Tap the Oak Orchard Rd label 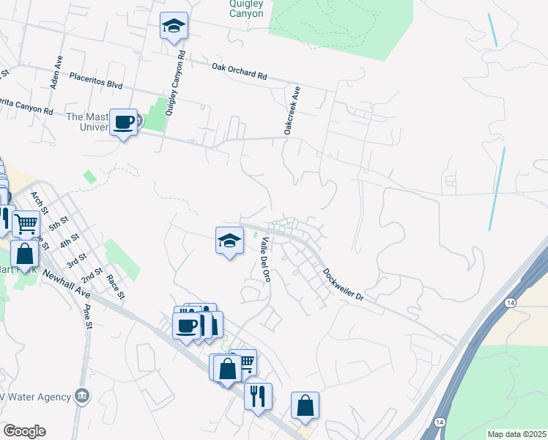pyautogui.click(x=240, y=71)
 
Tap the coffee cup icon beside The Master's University pyautogui.click(x=123, y=121)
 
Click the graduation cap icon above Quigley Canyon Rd pyautogui.click(x=174, y=26)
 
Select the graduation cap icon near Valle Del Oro pyautogui.click(x=229, y=239)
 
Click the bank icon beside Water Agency pyautogui.click(x=82, y=397)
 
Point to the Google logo pyautogui.click(x=24, y=431)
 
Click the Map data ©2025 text pyautogui.click(x=516, y=434)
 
